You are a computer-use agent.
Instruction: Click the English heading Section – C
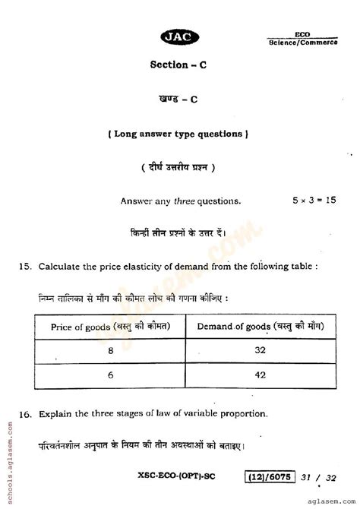pos(179,65)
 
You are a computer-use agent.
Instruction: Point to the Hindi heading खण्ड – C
pos(179,100)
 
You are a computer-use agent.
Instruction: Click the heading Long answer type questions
pos(179,134)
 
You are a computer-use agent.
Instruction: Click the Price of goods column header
pos(110,327)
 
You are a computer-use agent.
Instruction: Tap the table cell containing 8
pos(111,353)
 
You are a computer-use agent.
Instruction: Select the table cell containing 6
pos(111,375)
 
